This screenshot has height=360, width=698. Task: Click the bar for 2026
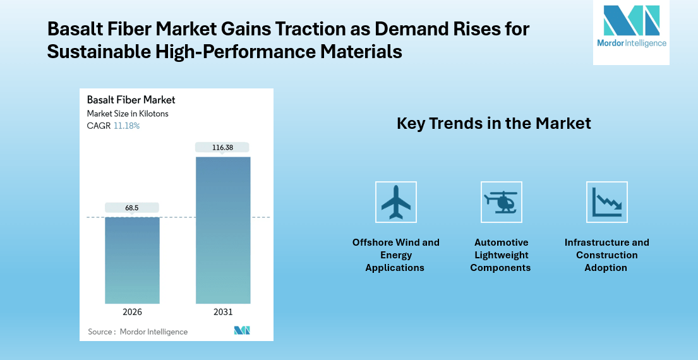click(x=132, y=260)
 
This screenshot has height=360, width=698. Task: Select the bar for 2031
click(x=223, y=230)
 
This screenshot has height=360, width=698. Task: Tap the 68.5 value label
click(x=132, y=207)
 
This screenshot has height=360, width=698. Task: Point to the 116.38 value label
click(x=223, y=147)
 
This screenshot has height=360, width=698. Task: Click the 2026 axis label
click(x=132, y=312)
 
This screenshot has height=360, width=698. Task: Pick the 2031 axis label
click(x=223, y=312)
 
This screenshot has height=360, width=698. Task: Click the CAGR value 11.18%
click(x=126, y=126)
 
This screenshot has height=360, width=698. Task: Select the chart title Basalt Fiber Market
click(x=131, y=100)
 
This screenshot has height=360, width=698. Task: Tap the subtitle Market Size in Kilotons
click(x=128, y=114)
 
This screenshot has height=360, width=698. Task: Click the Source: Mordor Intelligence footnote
click(x=138, y=332)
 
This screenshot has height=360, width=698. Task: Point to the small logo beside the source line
click(x=242, y=330)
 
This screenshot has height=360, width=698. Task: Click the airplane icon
click(x=396, y=202)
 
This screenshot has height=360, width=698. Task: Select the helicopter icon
click(x=501, y=202)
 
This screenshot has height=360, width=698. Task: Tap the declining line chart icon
click(x=607, y=202)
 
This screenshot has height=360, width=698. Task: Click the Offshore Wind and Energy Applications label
click(x=395, y=255)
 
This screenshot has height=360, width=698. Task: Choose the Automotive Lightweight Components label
click(x=501, y=255)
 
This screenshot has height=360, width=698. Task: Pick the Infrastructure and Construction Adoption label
click(x=606, y=255)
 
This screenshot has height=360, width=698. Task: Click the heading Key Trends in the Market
click(x=493, y=123)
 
